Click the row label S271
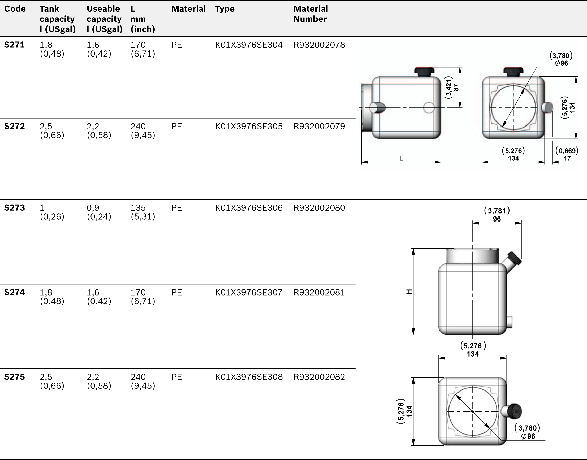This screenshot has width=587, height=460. tap(14, 45)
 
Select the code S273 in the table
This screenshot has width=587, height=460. tap(14, 208)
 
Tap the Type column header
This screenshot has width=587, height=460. tap(225, 9)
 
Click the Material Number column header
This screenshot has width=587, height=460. tap(310, 14)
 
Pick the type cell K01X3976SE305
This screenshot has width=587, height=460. tap(249, 126)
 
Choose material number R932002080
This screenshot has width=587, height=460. tap(319, 208)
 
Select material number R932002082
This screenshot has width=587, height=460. tap(319, 377)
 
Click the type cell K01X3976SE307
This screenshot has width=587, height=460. tap(249, 292)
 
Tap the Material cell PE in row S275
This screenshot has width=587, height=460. tap(176, 377)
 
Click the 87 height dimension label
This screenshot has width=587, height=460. tap(456, 88)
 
